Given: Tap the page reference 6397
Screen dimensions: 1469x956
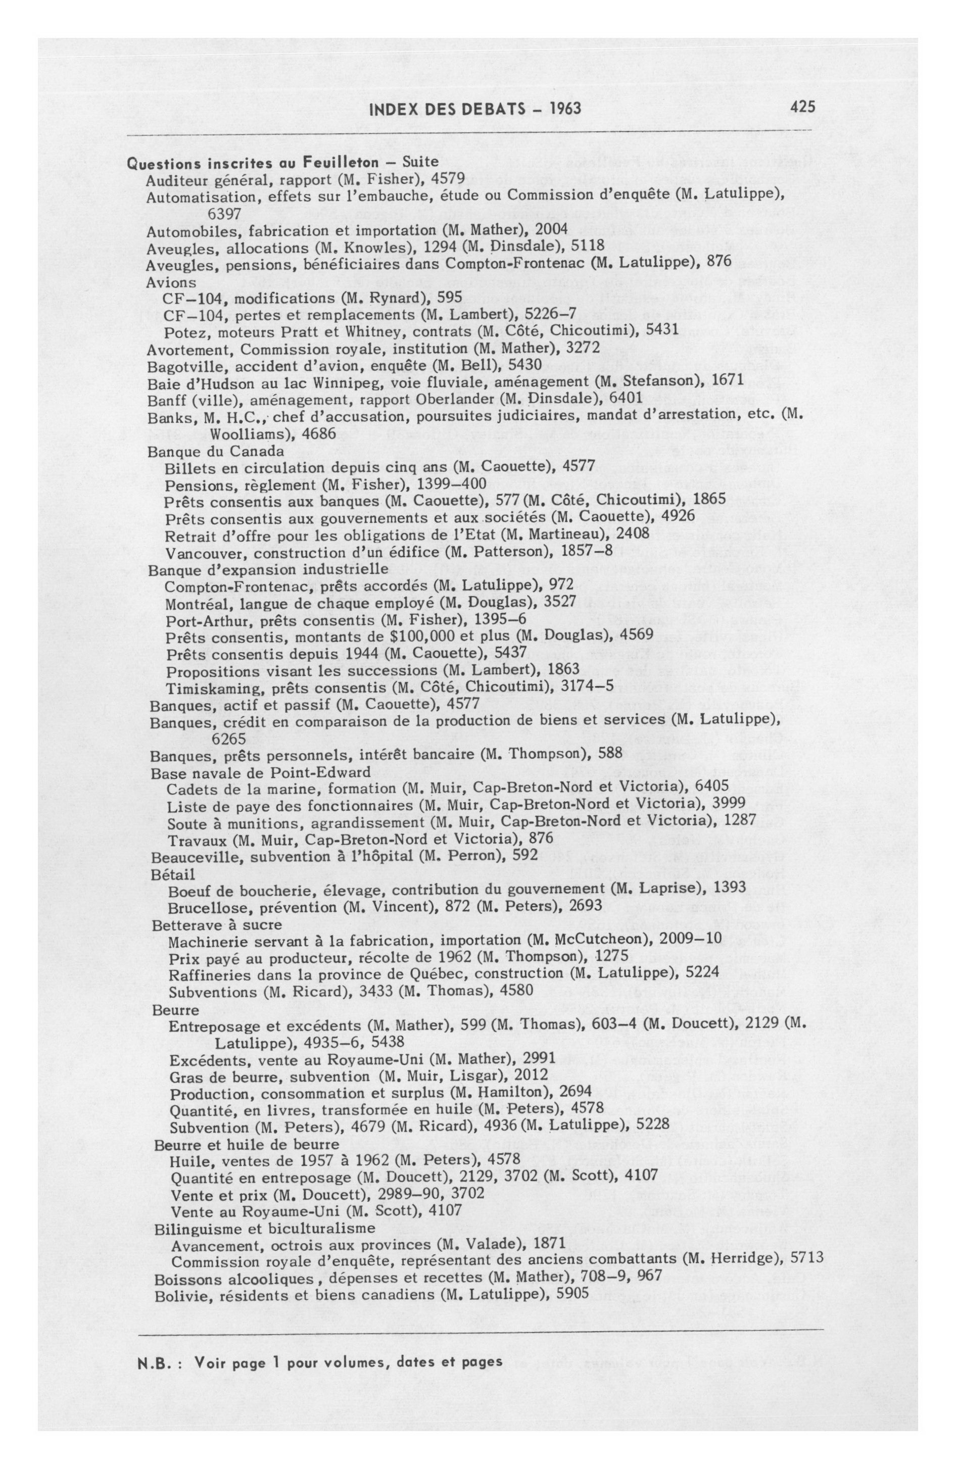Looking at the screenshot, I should pos(225,214).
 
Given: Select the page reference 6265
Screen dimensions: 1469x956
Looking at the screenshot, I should pos(228,738).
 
